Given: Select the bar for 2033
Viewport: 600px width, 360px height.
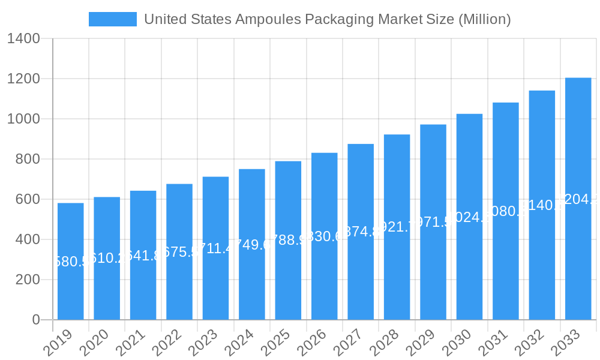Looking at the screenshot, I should [578, 240].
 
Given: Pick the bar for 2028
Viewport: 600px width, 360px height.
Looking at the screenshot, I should [397, 270].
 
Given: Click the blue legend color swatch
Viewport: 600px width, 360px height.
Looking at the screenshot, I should [112, 19].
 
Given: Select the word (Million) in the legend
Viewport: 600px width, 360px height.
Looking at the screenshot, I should [484, 19].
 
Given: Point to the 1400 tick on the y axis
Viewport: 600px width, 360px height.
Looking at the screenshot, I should [23, 39].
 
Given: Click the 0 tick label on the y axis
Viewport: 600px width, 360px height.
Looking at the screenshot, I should [35, 320].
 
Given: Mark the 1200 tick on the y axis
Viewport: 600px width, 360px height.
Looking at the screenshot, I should [23, 79].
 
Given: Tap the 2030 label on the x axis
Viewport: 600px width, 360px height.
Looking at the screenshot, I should [456, 343].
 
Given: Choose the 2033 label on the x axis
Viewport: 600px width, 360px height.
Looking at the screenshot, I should [565, 343].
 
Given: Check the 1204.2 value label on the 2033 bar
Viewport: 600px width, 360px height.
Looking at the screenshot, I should [578, 200].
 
